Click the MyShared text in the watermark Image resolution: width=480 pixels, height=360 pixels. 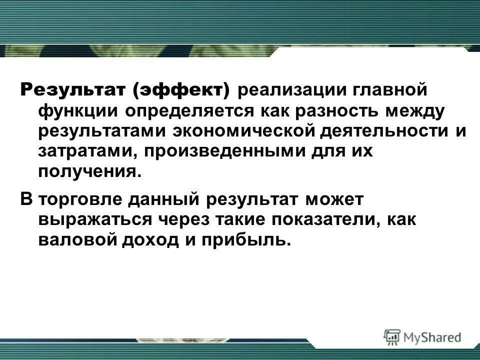(x=433, y=336)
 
